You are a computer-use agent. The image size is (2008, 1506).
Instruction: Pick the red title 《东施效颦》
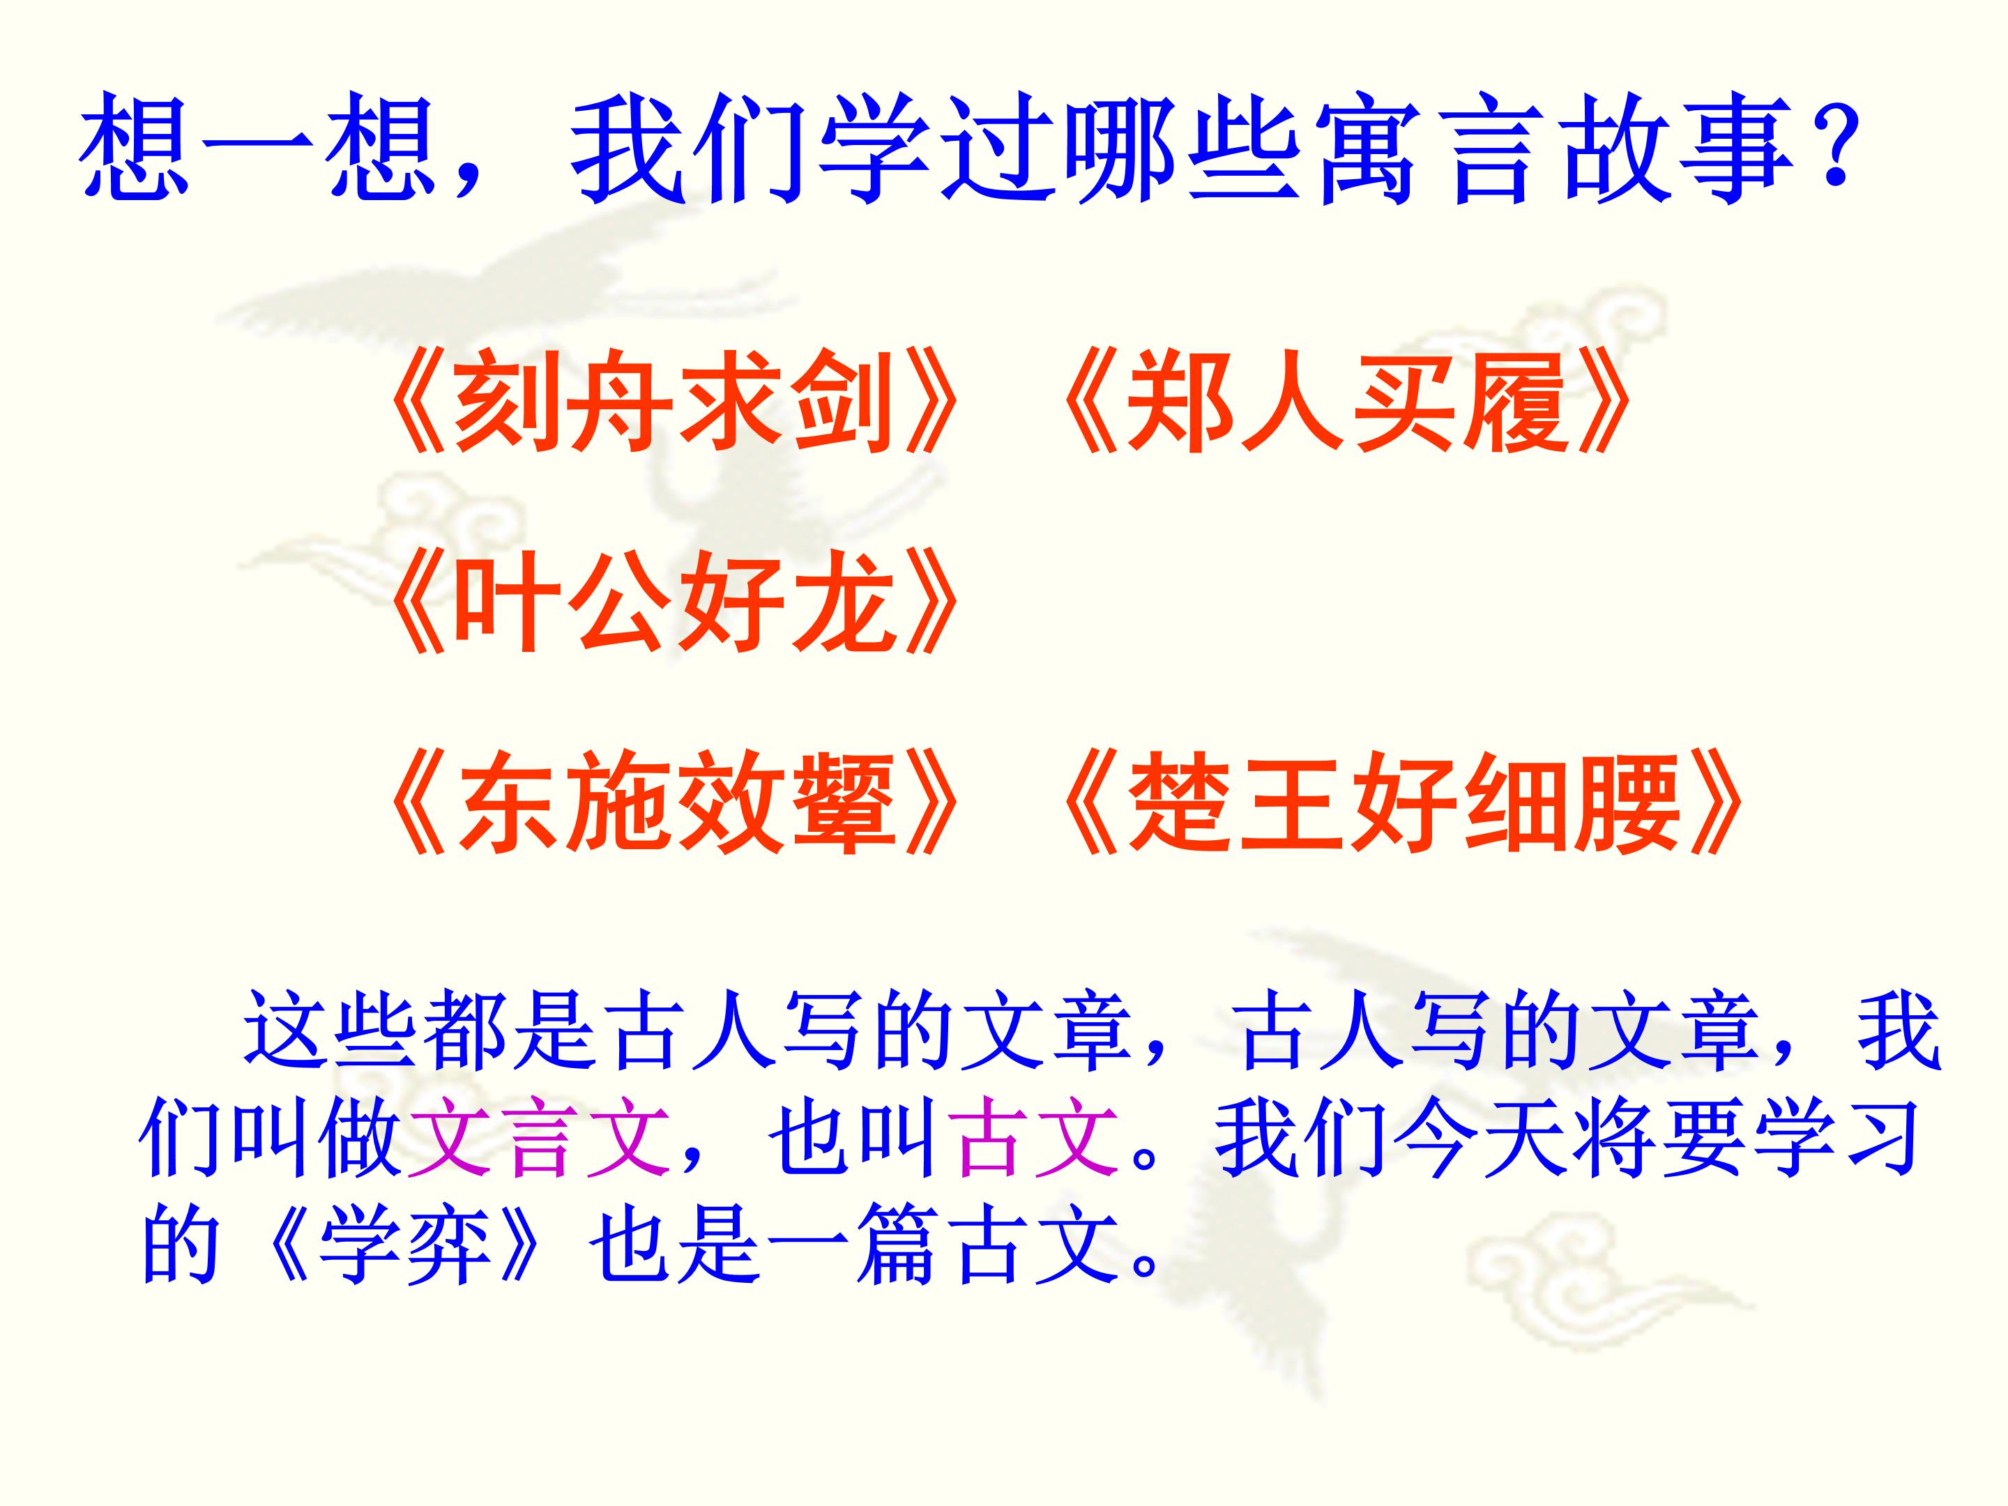pyautogui.click(x=671, y=803)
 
